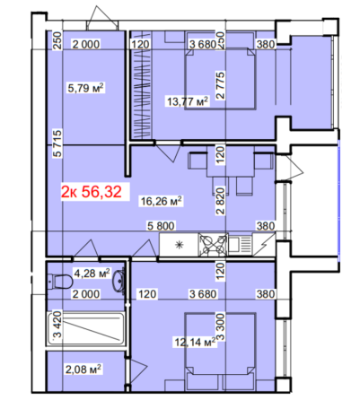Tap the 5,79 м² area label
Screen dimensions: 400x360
click(86, 87)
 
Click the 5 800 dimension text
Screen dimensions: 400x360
click(162, 227)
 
